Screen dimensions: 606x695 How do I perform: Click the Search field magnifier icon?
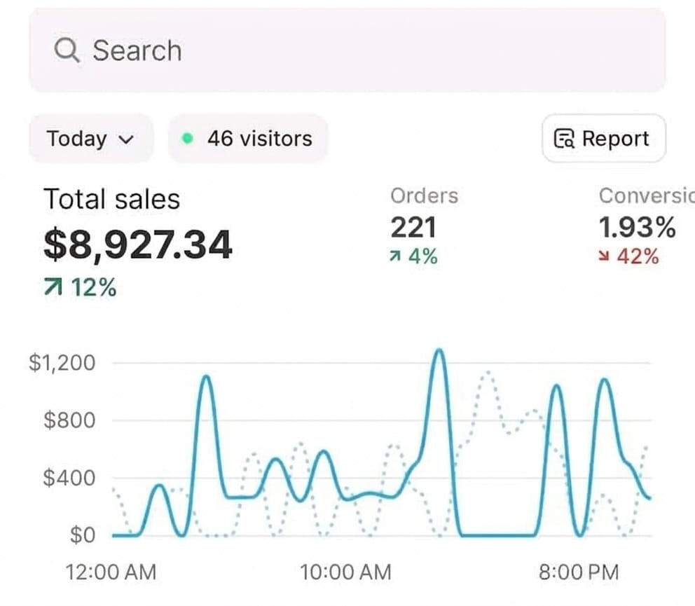click(67, 50)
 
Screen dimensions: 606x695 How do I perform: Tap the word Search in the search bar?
click(137, 50)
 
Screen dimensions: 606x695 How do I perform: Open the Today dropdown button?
click(90, 139)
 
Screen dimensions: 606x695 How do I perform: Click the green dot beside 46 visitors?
click(187, 139)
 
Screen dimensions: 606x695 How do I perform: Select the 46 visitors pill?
click(248, 139)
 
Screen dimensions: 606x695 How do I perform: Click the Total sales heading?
click(111, 200)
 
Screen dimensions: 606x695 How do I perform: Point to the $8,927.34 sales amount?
click(137, 245)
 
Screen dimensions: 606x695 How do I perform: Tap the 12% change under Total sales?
click(81, 287)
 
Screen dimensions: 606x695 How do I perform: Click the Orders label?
click(424, 196)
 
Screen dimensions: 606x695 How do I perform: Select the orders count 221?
click(413, 228)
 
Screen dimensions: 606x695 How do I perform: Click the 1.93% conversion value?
click(637, 228)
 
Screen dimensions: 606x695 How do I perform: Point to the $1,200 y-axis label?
click(62, 363)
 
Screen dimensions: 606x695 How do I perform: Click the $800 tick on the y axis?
click(69, 420)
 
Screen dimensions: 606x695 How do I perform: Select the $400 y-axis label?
click(69, 478)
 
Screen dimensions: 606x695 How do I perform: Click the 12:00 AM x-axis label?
click(111, 572)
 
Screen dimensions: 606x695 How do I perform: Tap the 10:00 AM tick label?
click(345, 572)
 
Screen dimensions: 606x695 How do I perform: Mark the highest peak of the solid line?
click(439, 350)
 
